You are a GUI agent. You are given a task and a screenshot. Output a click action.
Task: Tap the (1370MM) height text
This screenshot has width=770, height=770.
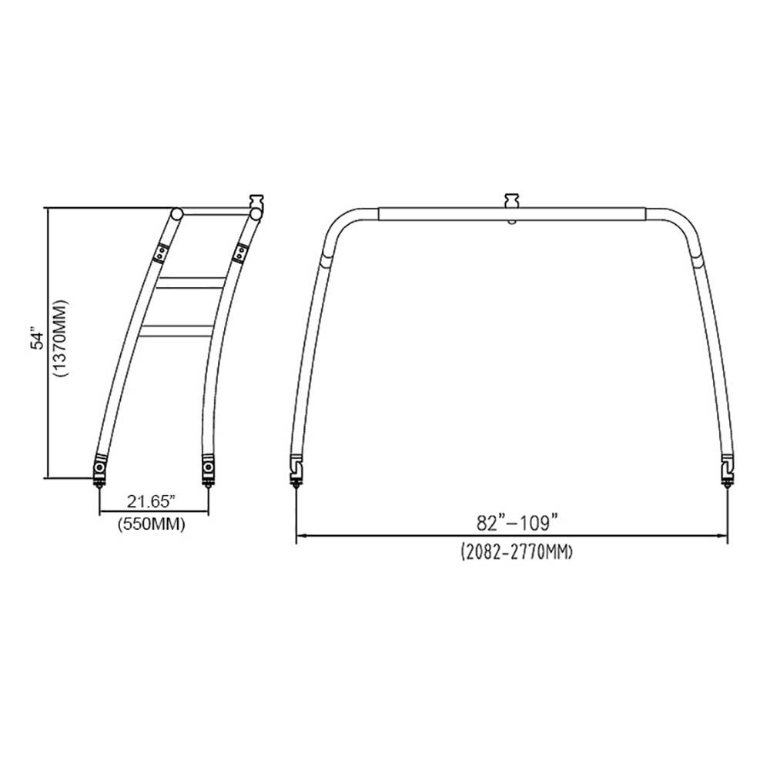(61, 338)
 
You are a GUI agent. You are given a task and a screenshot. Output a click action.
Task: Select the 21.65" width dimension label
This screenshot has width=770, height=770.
(151, 501)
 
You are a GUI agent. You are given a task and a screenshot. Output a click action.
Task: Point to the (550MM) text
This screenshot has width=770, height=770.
(151, 524)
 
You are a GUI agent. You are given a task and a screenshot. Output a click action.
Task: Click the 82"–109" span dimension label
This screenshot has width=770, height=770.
(517, 523)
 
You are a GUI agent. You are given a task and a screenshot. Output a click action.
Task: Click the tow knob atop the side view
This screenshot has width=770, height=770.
(257, 202)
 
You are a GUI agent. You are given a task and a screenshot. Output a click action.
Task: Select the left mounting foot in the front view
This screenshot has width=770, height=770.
(297, 470)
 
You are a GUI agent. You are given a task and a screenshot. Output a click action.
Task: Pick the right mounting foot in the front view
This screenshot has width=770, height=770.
(727, 470)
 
